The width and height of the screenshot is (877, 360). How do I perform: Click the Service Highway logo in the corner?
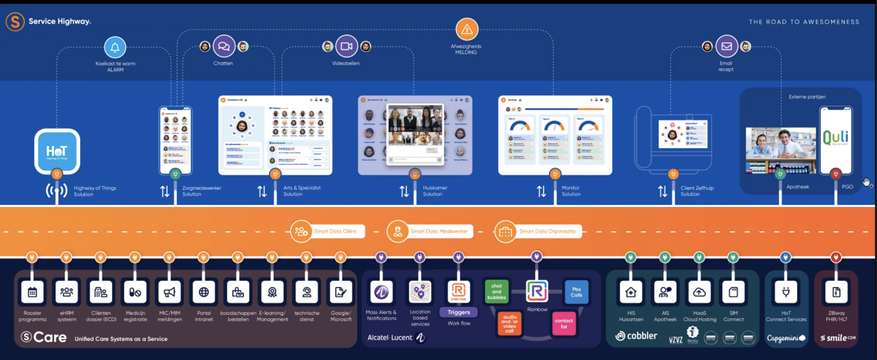(15, 21)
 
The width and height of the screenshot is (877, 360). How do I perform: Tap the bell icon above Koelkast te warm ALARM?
(115, 47)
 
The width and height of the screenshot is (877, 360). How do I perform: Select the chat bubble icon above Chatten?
(224, 46)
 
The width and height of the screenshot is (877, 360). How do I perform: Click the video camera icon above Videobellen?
(346, 46)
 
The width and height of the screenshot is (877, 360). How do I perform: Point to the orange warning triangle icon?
(467, 29)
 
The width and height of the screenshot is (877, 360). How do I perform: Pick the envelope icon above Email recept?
(727, 46)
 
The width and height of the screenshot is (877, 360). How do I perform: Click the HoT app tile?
(57, 151)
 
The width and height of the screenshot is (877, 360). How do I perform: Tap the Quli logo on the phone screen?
(835, 138)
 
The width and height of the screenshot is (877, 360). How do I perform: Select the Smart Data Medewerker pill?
(430, 231)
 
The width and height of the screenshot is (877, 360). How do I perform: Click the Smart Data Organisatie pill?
(538, 231)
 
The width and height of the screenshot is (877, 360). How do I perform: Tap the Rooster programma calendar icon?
(32, 292)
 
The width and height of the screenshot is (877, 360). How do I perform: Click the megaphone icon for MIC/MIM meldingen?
(170, 292)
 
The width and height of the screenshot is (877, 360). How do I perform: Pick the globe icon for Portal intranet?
(204, 292)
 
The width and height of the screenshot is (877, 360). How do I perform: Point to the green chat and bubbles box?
(496, 292)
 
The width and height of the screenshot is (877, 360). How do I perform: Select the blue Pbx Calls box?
(576, 292)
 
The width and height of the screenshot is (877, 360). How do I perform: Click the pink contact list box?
(564, 324)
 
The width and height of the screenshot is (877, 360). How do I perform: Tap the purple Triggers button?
(459, 312)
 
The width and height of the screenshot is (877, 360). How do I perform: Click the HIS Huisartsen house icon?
(631, 292)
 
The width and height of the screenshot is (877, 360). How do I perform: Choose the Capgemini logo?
(786, 338)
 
